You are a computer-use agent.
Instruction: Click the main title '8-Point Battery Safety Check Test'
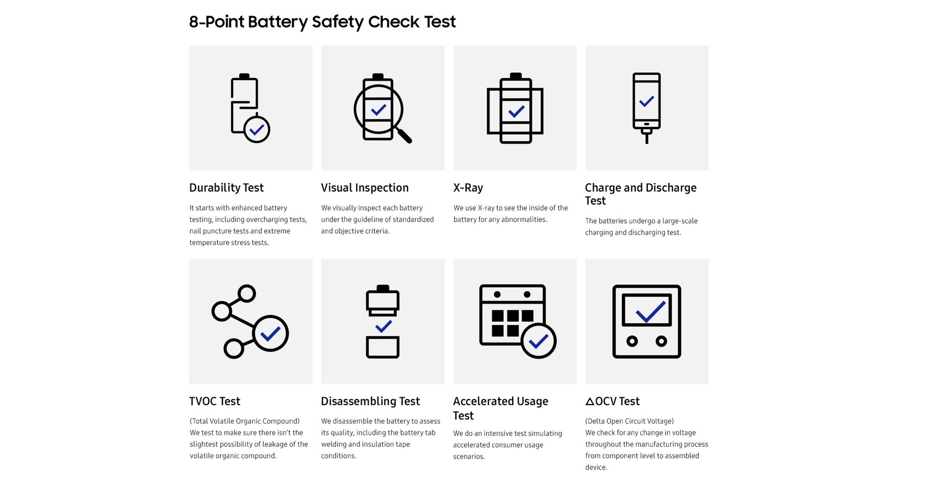(x=322, y=22)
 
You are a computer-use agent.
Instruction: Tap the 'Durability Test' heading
(x=226, y=188)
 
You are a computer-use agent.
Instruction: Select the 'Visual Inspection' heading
(x=365, y=188)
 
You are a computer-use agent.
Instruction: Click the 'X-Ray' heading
(x=468, y=188)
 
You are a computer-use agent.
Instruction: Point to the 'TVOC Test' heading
(x=215, y=401)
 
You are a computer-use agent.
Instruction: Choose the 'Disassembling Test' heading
(x=370, y=401)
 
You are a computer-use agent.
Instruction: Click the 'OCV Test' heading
(x=613, y=401)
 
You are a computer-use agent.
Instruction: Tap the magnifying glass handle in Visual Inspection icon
(x=404, y=136)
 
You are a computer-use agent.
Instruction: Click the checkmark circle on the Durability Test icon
(x=257, y=129)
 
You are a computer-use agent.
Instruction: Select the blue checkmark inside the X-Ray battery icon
(x=516, y=111)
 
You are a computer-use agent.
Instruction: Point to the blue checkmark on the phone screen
(x=646, y=101)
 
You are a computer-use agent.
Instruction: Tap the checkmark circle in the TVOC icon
(x=270, y=333)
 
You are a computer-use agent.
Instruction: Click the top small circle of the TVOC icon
(x=246, y=293)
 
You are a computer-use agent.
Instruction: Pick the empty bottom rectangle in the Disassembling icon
(x=382, y=347)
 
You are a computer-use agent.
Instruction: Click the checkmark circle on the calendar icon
(x=538, y=341)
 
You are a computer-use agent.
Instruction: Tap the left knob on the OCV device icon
(x=632, y=342)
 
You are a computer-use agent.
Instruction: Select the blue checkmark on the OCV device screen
(x=651, y=312)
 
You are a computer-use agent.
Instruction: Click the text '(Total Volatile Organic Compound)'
(x=245, y=421)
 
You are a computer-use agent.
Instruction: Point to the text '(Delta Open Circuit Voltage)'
(x=629, y=421)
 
